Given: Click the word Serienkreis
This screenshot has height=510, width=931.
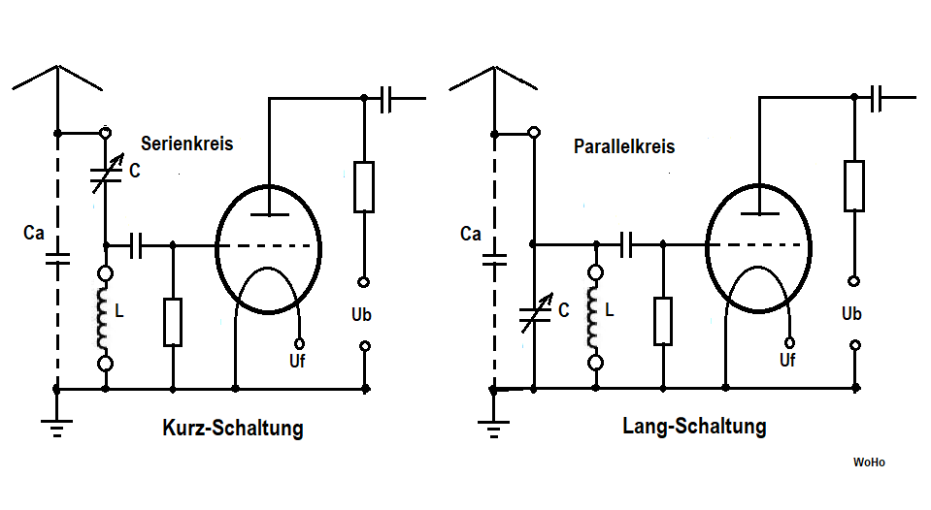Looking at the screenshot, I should coord(186,143).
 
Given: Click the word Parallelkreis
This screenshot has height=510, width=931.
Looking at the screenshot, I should coord(624,147).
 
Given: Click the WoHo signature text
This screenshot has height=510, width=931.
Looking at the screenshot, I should coord(869,462).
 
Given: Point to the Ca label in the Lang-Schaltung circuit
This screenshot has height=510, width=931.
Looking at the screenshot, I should coord(471,234).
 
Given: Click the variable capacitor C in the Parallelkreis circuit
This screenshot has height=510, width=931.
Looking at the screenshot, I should coord(531,313).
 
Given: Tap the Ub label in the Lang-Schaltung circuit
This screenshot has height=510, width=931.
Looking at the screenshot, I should coord(851,314).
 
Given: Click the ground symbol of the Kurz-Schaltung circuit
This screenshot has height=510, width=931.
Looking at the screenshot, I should coord(57,423).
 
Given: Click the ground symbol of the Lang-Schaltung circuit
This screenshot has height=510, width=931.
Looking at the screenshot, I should coord(494,423).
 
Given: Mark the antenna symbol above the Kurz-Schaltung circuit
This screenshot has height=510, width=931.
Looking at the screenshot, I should coord(58,80).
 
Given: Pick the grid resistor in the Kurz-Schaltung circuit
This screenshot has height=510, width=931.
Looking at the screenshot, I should coord(173,322).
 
